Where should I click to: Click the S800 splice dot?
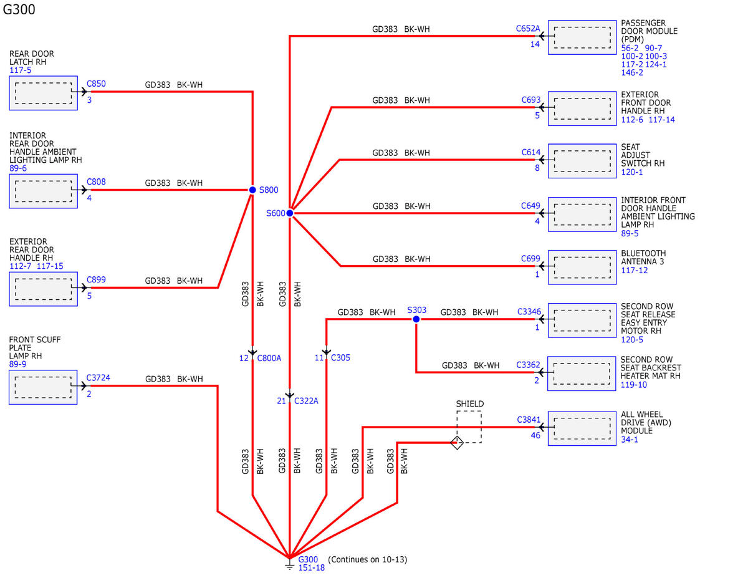pos(252,190)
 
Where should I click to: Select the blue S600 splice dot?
pos(290,213)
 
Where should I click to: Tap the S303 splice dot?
pos(416,319)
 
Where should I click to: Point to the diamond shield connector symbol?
pos(457,442)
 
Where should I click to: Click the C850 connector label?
pos(96,84)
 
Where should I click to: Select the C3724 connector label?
pos(98,378)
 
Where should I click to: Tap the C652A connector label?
pos(528,29)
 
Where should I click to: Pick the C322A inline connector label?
pos(306,401)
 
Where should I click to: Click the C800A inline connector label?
pos(269,358)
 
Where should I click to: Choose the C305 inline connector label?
pos(340,358)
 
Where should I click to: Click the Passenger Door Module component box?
pos(582,37)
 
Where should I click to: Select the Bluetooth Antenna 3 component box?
pos(582,267)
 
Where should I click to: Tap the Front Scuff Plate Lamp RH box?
pos(43,387)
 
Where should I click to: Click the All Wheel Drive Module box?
pos(582,428)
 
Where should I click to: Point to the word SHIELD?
pos(470,403)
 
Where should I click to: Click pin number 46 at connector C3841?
pos(535,435)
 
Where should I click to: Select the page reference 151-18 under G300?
pos(311,568)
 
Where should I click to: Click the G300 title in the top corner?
pos(19,9)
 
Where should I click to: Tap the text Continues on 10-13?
pos(367,559)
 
